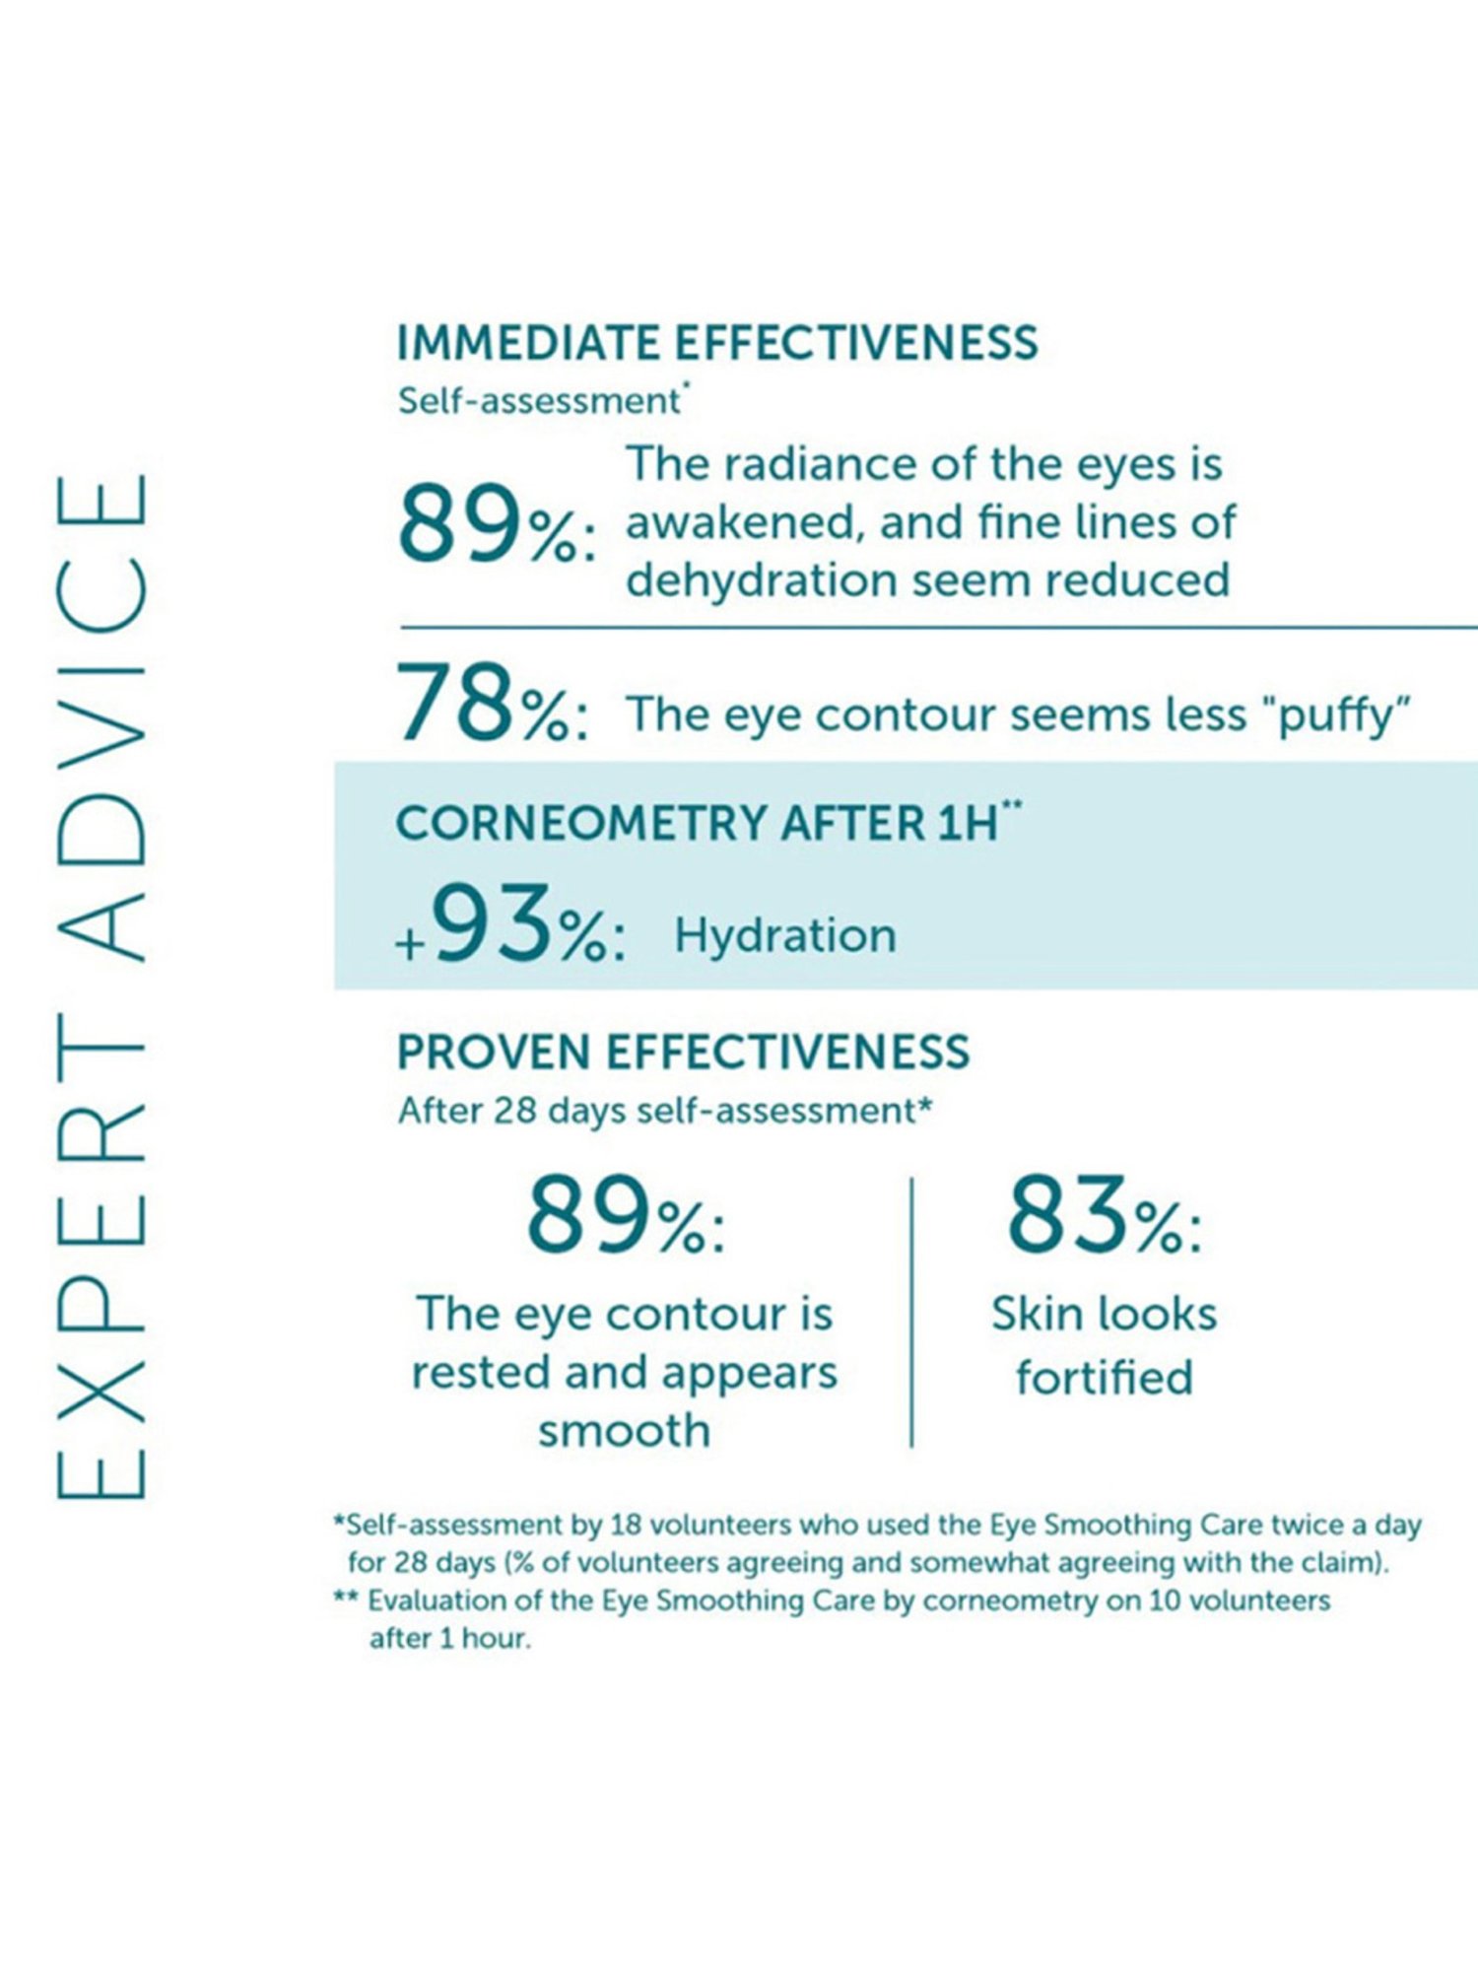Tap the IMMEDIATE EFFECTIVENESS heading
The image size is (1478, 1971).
pos(716,343)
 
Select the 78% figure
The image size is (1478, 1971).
pos(492,704)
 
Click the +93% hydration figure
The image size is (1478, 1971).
pos(508,925)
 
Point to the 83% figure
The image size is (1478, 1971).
pos(1104,1216)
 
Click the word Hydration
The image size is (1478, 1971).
pos(785,935)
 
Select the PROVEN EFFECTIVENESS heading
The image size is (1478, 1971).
pos(683,1052)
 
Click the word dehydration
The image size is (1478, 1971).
pos(761,579)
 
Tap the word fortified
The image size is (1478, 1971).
pos(1105,1377)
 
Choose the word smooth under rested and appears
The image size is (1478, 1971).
pos(624,1430)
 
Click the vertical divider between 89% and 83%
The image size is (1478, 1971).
pos(912,1311)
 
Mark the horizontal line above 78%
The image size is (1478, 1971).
pos(936,627)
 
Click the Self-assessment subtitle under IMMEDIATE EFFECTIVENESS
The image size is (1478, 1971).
pos(539,401)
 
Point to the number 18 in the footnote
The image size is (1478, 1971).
pos(625,1525)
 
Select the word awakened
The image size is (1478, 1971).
pos(744,522)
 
